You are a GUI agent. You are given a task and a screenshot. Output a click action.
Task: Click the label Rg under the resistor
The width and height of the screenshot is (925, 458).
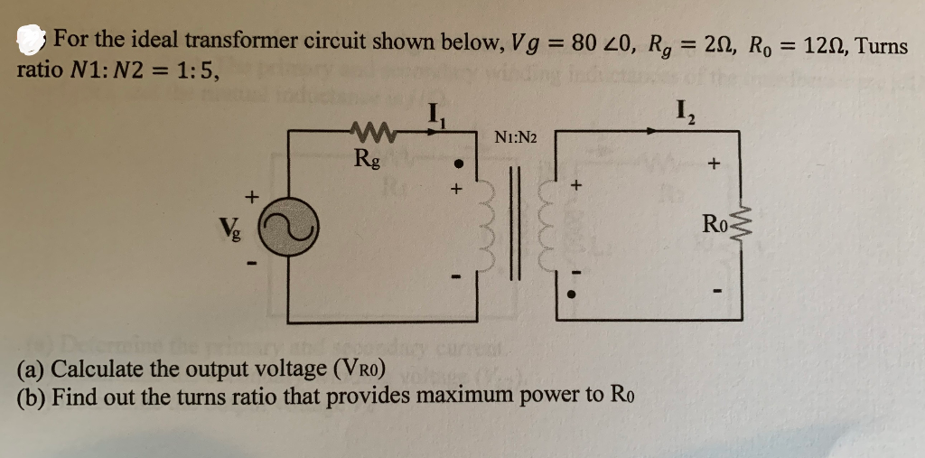click(x=368, y=163)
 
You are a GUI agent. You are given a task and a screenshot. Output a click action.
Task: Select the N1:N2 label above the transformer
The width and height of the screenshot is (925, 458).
click(x=516, y=138)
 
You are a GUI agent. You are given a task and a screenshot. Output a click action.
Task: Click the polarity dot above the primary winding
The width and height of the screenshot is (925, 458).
click(x=459, y=166)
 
